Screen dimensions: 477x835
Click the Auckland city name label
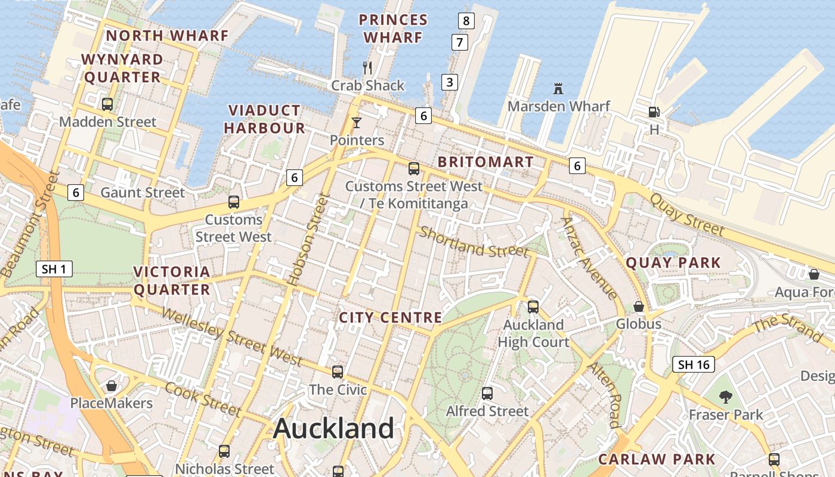tap(333, 429)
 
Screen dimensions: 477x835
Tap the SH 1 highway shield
tap(54, 269)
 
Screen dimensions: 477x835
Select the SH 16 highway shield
tap(693, 364)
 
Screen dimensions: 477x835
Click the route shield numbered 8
tap(466, 21)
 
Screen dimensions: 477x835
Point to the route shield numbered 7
tap(459, 43)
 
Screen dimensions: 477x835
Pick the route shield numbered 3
tap(450, 82)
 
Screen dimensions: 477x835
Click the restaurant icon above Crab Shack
tap(367, 68)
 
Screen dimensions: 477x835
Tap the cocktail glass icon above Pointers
tap(357, 123)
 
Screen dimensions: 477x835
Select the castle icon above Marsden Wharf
tap(558, 89)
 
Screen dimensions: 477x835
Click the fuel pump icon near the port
tap(654, 111)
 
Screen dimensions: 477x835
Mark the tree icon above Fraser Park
tap(725, 397)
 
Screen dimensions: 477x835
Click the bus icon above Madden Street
tap(107, 104)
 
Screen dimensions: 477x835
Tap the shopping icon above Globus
tap(639, 306)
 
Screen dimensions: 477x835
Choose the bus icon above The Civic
tap(338, 372)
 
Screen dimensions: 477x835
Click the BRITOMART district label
tap(485, 162)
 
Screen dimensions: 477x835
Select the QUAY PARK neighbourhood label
tap(673, 263)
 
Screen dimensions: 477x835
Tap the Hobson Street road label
tap(308, 239)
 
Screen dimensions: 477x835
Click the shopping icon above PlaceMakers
tap(111, 386)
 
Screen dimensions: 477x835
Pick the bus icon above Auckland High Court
tap(533, 307)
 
